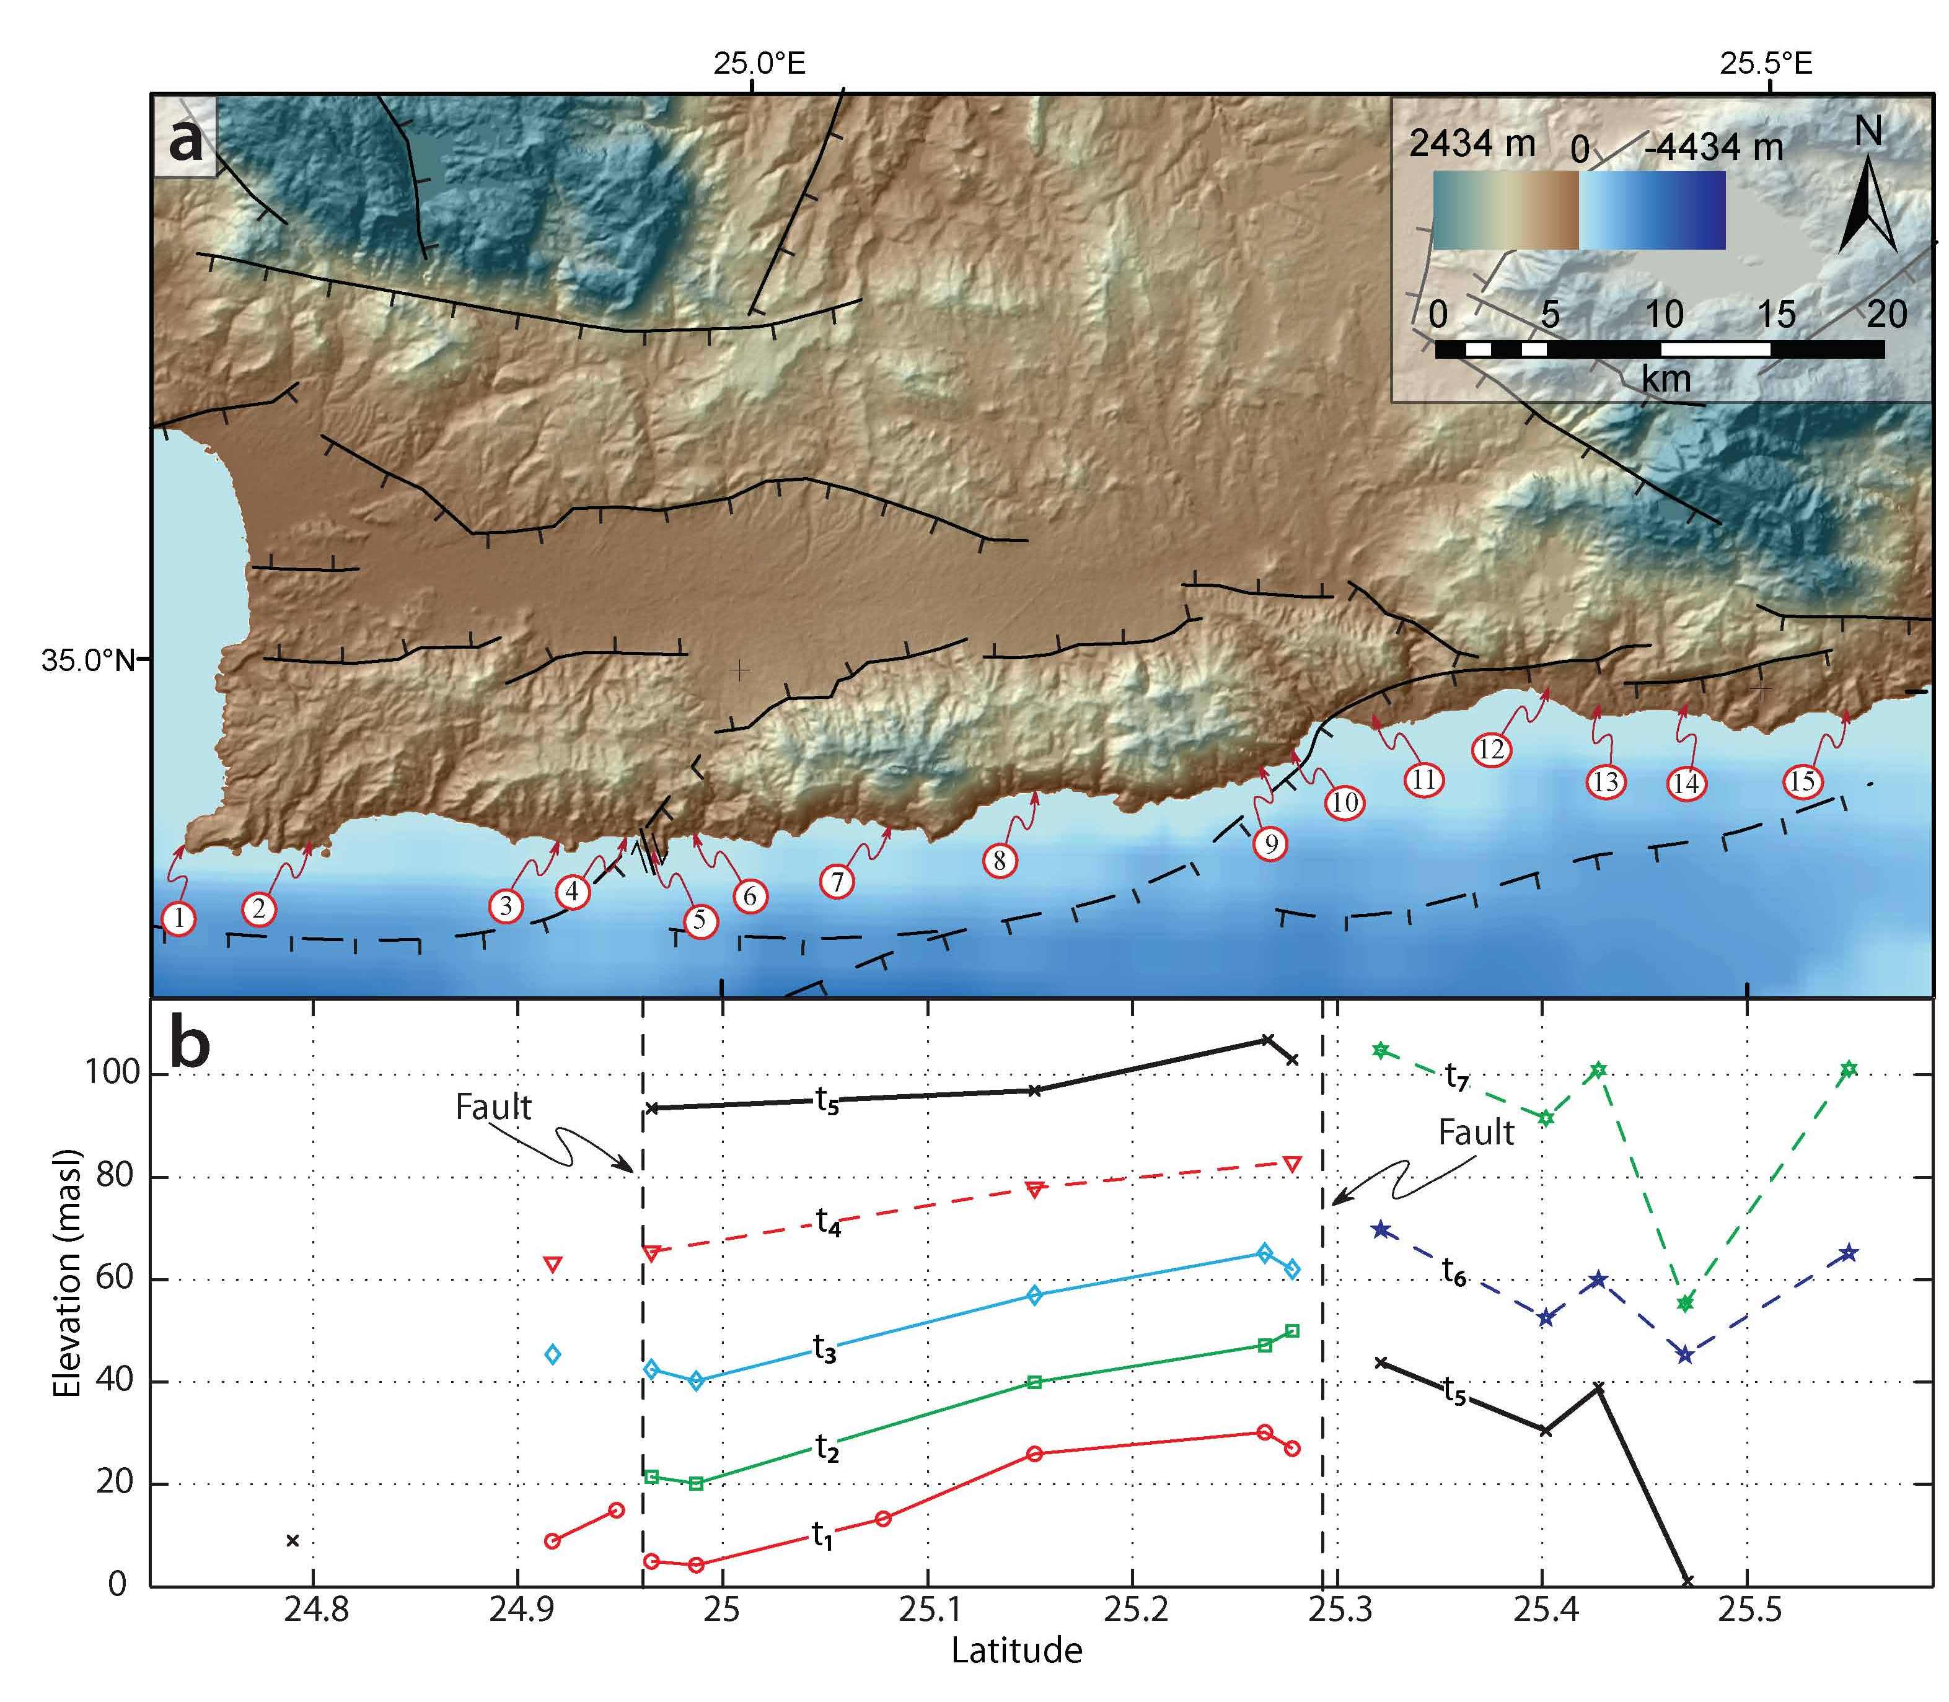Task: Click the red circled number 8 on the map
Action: point(999,861)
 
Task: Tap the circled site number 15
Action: point(1802,782)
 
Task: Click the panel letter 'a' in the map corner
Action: point(185,141)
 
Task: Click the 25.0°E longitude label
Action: point(760,64)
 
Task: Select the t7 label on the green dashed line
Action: point(1457,1076)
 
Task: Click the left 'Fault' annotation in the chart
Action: point(493,1107)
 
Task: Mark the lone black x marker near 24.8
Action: point(293,1540)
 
